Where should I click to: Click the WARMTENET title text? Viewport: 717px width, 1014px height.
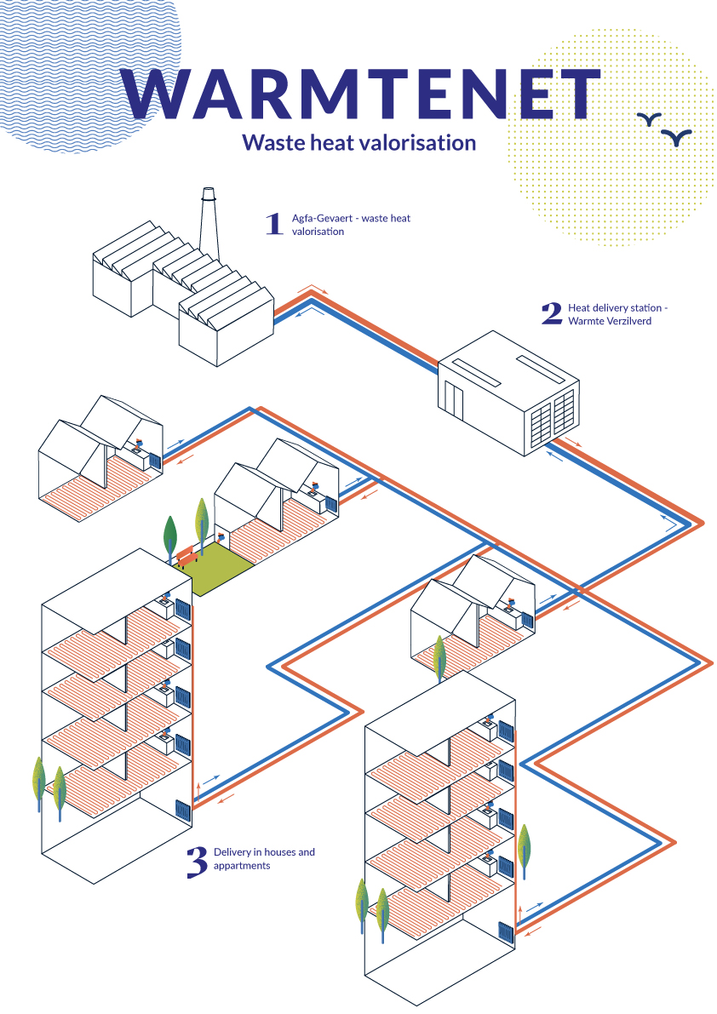361,95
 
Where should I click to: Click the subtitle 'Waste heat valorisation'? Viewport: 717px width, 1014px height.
358,142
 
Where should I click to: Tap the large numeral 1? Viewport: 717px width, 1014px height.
274,224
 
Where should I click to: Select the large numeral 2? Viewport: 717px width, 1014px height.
552,313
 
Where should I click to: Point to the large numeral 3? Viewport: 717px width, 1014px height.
197,862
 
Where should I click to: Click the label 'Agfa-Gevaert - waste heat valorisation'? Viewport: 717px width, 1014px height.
351,225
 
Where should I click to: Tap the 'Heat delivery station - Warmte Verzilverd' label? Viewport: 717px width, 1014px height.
617,314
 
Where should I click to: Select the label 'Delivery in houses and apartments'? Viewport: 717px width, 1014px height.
264,859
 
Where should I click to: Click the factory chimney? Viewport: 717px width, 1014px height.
208,224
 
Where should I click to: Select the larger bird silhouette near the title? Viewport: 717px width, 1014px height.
676,137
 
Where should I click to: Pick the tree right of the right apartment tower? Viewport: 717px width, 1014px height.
525,850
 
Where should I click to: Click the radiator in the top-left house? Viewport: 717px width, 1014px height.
154,461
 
